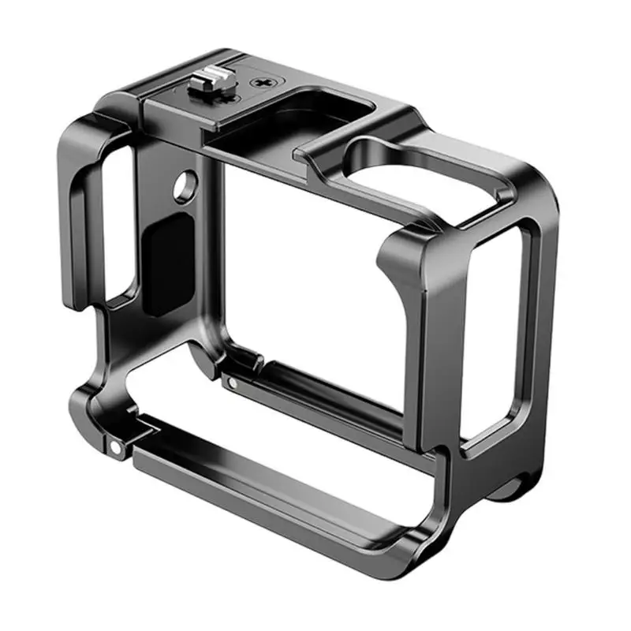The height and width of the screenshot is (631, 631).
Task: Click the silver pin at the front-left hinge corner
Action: click(x=115, y=447)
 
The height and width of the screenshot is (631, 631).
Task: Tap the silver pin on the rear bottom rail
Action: click(x=233, y=383)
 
